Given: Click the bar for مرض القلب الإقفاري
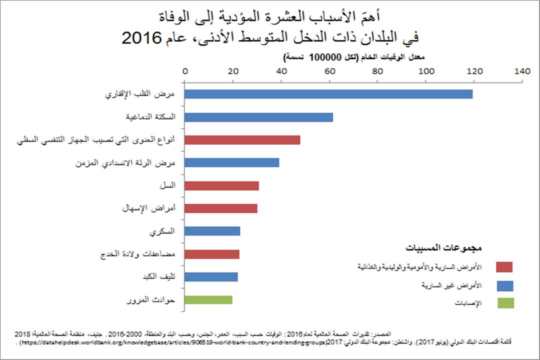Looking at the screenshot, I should (x=328, y=94).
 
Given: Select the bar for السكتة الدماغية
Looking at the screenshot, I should (x=258, y=117).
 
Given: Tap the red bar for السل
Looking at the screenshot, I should (x=221, y=186).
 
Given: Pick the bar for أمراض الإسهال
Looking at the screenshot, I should (x=221, y=208).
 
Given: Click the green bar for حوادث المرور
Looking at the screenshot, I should (x=208, y=300).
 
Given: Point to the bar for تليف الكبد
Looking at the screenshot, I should (x=211, y=277).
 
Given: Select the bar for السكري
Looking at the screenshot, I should (x=212, y=231).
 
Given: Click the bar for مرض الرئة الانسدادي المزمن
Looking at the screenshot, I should (x=232, y=162).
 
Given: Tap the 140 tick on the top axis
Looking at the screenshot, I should (x=522, y=71).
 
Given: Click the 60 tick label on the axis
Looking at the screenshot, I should (x=330, y=71).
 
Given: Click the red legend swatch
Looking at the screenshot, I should (x=504, y=267).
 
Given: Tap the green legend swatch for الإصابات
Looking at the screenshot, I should (x=504, y=303).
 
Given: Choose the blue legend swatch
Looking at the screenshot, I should (x=504, y=285).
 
